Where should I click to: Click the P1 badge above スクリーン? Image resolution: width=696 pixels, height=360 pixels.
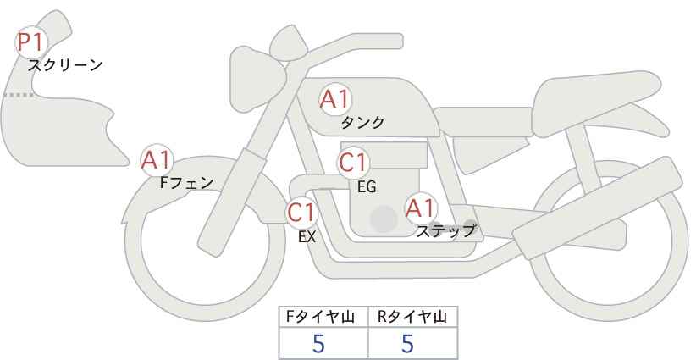pos(30,42)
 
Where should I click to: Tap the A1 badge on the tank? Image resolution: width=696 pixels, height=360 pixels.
pos(335,99)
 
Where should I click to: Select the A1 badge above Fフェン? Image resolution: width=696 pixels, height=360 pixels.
pos(157,160)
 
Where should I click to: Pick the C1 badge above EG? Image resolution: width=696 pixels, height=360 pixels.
pos(353,163)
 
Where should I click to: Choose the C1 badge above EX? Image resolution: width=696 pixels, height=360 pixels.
pos(301,212)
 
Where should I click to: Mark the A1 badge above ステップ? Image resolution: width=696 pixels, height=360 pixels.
pos(421,208)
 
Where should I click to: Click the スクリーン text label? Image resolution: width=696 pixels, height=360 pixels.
pos(65,66)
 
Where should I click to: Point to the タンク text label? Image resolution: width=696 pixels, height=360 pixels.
pos(362,122)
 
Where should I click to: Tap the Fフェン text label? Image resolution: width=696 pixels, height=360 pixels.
pos(186,183)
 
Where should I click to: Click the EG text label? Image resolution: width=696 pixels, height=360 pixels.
pos(367,187)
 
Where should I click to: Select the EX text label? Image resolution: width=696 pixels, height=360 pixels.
pos(307,237)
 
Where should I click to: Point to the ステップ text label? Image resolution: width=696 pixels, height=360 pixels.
pos(446,231)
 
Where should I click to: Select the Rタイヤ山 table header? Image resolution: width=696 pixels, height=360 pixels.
pos(412,317)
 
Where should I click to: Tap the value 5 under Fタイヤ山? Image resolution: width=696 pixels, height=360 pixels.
pos(318,343)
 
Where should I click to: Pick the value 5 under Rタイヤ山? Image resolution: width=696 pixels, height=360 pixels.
pos(407,343)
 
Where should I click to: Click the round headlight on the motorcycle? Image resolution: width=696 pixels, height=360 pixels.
pos(257,80)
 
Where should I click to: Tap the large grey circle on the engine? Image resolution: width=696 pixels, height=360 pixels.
pos(384,219)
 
